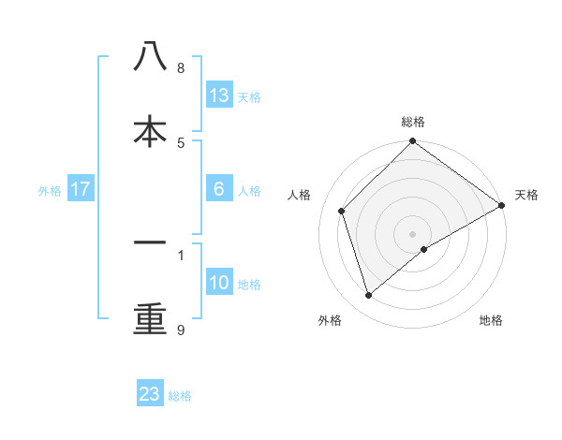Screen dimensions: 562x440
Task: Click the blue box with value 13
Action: pyautogui.click(x=219, y=95)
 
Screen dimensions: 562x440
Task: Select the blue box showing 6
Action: pyautogui.click(x=219, y=189)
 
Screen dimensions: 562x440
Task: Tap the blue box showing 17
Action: pyautogui.click(x=81, y=189)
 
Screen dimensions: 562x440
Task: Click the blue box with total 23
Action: pyautogui.click(x=150, y=394)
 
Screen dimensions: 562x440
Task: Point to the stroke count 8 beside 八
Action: pyautogui.click(x=180, y=68)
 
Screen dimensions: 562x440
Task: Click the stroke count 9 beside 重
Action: pyautogui.click(x=180, y=330)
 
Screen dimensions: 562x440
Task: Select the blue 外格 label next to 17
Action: pyautogui.click(x=50, y=190)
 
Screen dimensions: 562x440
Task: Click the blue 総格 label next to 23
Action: pyautogui.click(x=180, y=395)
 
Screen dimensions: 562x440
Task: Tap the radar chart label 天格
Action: pyautogui.click(x=526, y=195)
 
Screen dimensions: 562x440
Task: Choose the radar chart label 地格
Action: pyautogui.click(x=491, y=320)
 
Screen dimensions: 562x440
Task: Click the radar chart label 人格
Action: pyautogui.click(x=300, y=195)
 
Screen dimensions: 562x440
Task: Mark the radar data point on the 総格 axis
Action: pyautogui.click(x=413, y=142)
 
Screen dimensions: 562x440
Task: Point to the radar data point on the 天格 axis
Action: pyautogui.click(x=501, y=206)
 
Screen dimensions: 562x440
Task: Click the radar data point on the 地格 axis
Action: pyautogui.click(x=424, y=249)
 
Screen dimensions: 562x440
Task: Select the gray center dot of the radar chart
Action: pyautogui.click(x=413, y=233)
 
